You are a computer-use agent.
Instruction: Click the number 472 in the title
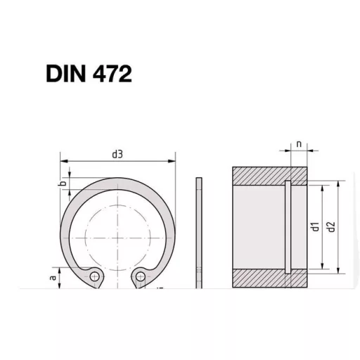tap(112, 73)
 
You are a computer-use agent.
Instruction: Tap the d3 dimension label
tap(117, 153)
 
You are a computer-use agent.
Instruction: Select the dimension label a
tap(53, 278)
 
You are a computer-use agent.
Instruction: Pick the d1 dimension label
tap(316, 226)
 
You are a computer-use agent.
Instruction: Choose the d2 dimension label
tap(330, 226)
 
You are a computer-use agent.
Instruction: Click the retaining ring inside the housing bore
tap(288, 226)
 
